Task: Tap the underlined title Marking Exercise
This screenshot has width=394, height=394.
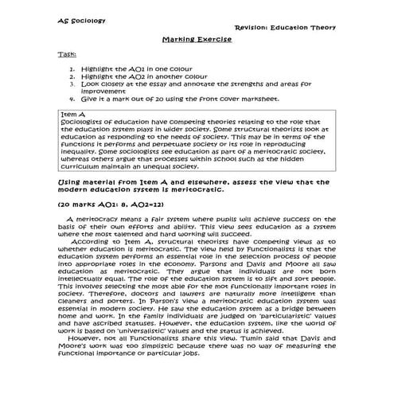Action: point(197,39)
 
